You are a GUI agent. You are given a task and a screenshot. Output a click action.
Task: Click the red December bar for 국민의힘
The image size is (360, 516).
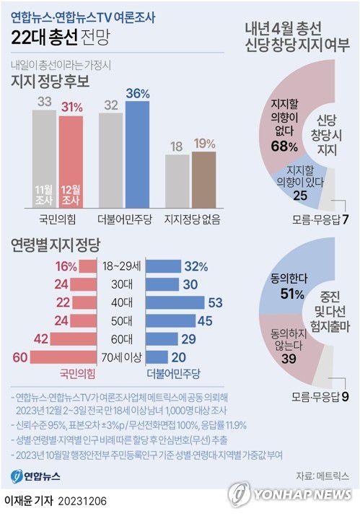pyautogui.click(x=71, y=159)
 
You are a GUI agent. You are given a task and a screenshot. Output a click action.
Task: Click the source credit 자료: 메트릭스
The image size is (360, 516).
pyautogui.click(x=322, y=476)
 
